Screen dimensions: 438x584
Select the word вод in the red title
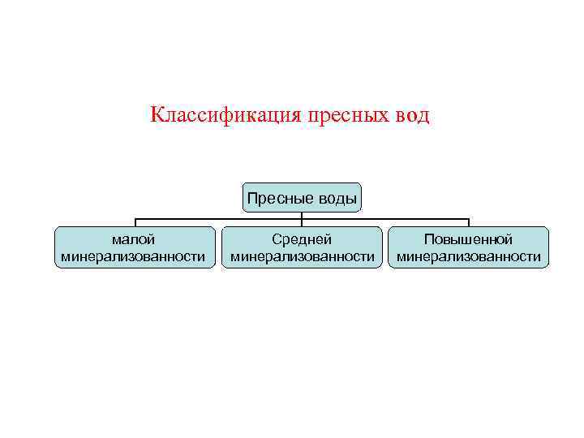412,115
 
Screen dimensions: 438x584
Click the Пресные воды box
302,198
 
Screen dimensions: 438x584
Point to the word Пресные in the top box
275,199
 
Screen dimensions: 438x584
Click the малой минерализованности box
135,247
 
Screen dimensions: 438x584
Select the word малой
134,239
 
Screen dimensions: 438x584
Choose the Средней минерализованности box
302,247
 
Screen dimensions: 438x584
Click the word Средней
302,239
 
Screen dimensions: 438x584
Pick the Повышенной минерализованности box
469,247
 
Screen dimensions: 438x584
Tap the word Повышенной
469,239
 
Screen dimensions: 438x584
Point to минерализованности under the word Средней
302,257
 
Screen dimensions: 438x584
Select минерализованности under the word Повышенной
469,257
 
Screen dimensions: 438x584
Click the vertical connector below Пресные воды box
302,216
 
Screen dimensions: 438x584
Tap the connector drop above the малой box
135,223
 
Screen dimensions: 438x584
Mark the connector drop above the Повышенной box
469,223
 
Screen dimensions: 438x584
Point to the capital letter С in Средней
276,239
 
